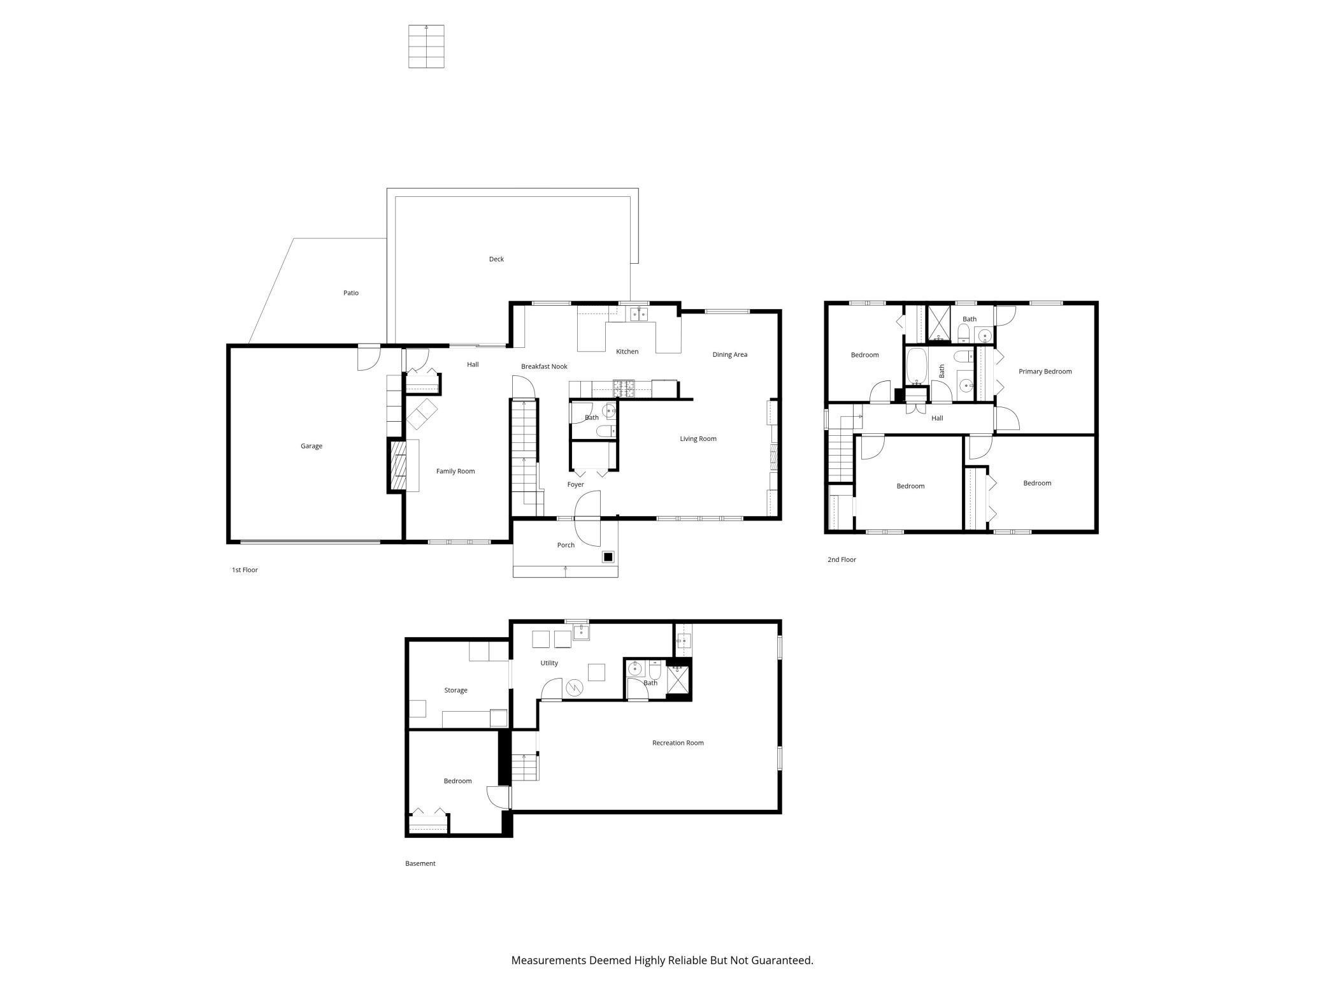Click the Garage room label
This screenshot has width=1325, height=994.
click(312, 446)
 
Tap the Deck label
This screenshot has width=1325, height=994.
click(496, 259)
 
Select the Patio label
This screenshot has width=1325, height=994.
click(351, 293)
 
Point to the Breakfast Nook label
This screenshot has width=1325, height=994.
click(544, 366)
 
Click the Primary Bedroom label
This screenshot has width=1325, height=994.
click(1045, 371)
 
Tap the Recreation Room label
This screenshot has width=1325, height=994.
click(678, 743)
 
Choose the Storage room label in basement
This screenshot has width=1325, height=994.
click(455, 690)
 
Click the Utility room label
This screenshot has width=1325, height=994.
click(549, 663)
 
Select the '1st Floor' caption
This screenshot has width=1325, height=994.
click(245, 570)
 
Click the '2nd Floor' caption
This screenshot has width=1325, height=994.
click(842, 559)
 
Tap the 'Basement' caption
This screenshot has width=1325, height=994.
click(420, 863)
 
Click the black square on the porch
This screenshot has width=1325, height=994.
click(608, 557)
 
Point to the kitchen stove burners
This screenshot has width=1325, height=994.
click(624, 385)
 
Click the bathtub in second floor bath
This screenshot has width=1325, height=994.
click(917, 366)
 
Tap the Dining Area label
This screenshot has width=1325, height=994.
click(729, 354)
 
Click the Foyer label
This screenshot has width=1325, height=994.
click(575, 484)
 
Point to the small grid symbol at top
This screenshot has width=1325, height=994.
click(426, 47)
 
